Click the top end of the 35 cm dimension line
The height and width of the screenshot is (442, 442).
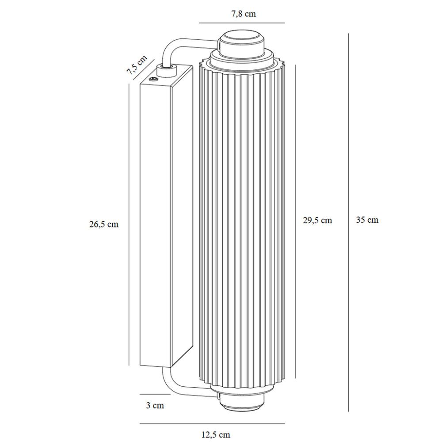coord(349,34)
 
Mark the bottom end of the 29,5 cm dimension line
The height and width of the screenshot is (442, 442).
coord(295,378)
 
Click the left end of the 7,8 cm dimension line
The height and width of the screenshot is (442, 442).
coord(199,23)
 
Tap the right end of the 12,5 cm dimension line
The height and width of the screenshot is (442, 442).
coord(284,423)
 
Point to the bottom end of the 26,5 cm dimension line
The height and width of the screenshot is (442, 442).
coord(129,366)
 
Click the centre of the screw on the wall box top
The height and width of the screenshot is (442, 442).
coord(153,79)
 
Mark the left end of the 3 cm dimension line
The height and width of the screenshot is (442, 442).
coord(140,394)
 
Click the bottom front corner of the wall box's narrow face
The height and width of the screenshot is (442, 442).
coord(171,367)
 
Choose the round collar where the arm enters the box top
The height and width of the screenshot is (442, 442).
coord(167,70)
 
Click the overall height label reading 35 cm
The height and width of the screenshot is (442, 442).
coord(367,220)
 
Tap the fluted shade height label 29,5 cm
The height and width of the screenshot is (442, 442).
coord(317,220)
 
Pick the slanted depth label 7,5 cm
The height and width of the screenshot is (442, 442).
coord(137,65)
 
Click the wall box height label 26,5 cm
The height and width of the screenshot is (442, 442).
coord(104,224)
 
